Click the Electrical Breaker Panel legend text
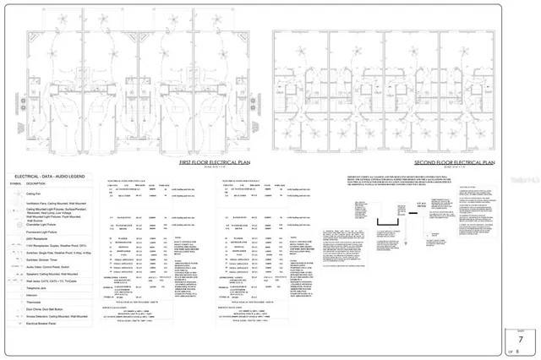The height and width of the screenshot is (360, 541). point(45,341)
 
